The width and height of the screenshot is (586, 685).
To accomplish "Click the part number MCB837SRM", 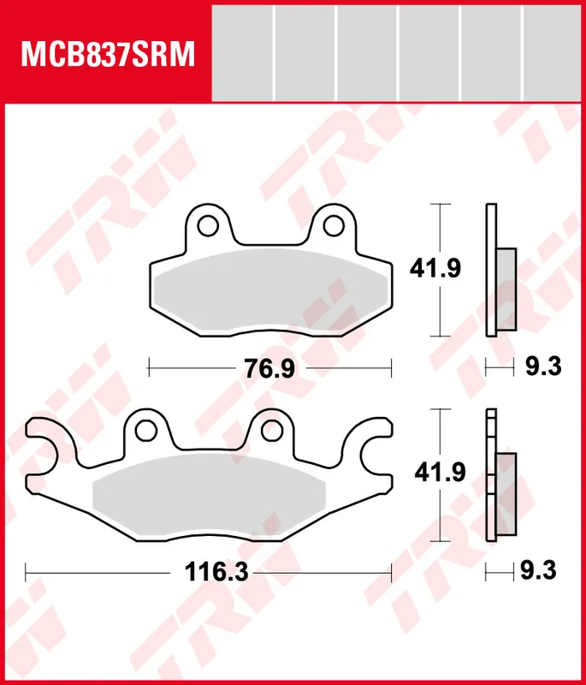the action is [x=108, y=54].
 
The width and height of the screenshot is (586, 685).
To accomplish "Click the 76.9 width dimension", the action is [x=269, y=368].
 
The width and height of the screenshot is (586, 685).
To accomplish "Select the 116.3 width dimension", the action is [x=216, y=572].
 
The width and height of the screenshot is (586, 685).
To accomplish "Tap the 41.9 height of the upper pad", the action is [x=435, y=268].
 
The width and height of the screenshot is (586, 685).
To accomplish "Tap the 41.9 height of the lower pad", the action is [x=440, y=473].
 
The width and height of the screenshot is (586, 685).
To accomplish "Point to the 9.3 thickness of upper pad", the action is [x=543, y=366].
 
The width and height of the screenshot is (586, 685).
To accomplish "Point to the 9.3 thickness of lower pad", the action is [x=538, y=570].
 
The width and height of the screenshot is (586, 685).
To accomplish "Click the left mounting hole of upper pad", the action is [x=208, y=225].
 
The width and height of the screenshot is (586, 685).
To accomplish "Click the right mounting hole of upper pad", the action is [x=334, y=225].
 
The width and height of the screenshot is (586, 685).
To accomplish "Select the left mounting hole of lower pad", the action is [x=145, y=431].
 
